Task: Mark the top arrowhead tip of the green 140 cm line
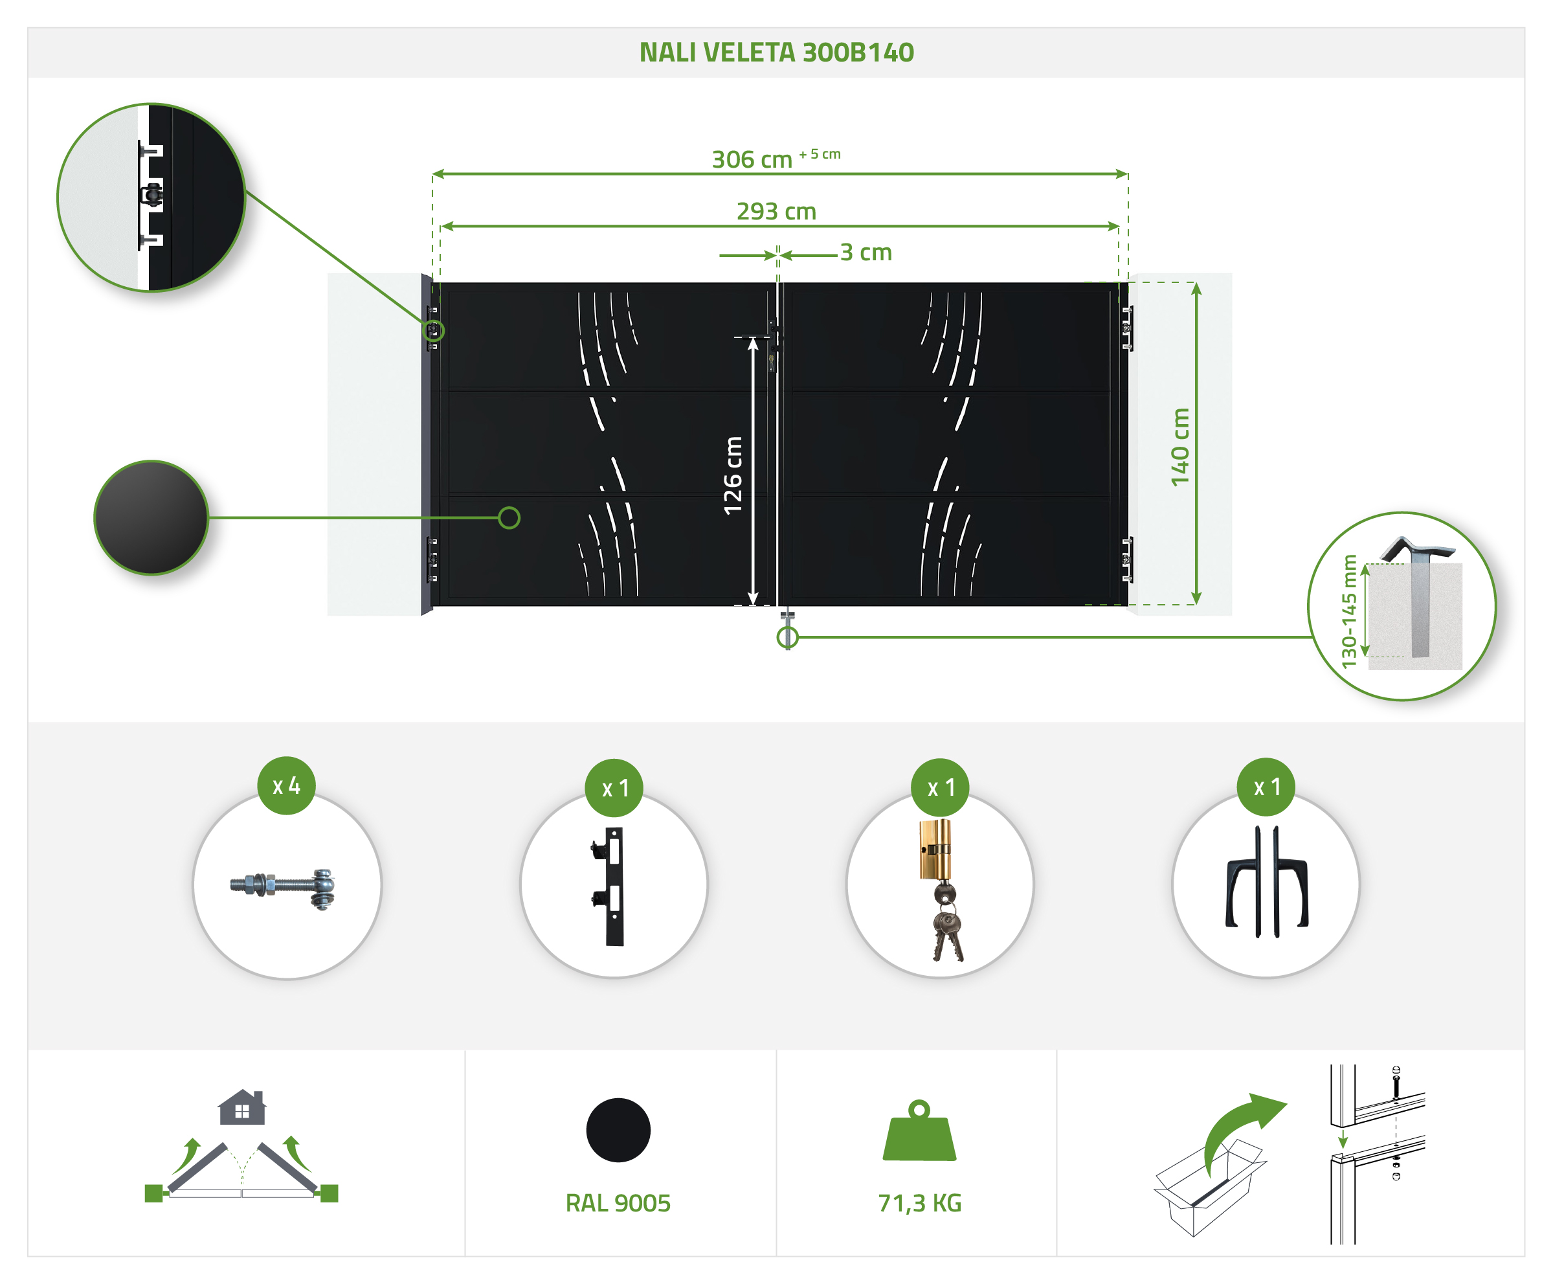click(1196, 283)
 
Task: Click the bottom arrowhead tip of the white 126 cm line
click(753, 605)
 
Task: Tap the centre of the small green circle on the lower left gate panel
click(509, 518)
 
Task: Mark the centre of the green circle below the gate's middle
click(788, 637)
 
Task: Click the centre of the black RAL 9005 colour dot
click(618, 1130)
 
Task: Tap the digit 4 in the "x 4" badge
click(295, 785)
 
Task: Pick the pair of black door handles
click(1267, 882)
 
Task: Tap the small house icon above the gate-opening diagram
click(242, 1107)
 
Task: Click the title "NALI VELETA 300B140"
click(777, 52)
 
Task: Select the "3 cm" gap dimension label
click(866, 253)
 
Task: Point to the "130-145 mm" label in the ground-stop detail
click(1350, 611)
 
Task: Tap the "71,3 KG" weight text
click(919, 1203)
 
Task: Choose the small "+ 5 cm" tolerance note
click(820, 154)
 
